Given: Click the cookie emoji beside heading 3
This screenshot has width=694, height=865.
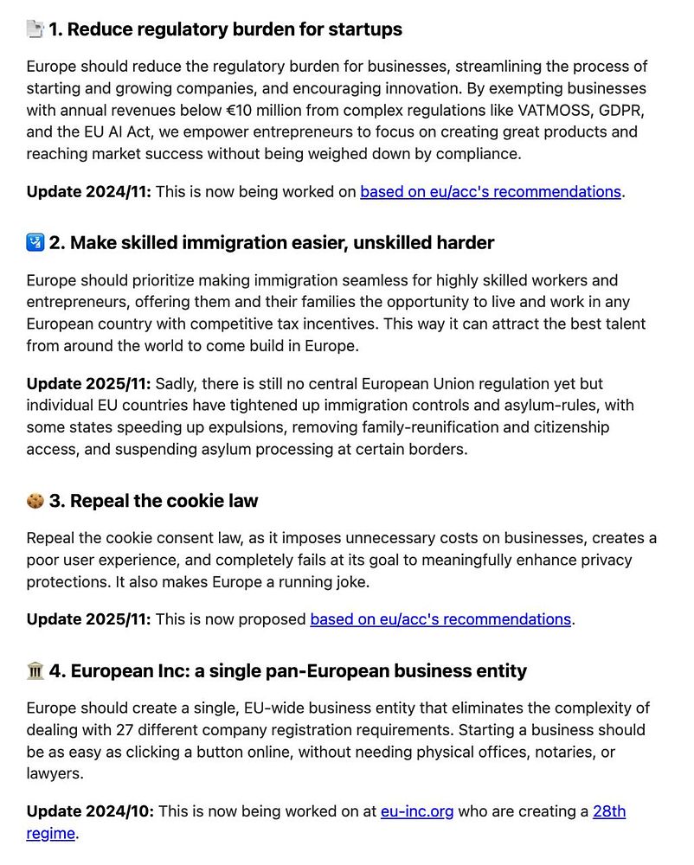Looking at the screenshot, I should [x=35, y=501].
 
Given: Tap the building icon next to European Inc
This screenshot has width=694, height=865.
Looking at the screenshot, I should [x=35, y=671].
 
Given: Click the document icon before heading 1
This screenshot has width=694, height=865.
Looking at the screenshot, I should [x=35, y=29].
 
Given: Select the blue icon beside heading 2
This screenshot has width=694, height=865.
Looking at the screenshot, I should [x=35, y=243].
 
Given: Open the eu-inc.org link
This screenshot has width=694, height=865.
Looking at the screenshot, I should [x=417, y=811].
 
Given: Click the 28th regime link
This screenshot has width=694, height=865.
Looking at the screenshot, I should [x=608, y=811].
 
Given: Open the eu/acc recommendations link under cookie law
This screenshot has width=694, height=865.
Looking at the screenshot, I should [x=441, y=619].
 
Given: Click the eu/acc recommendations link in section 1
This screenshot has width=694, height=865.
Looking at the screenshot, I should [x=491, y=191].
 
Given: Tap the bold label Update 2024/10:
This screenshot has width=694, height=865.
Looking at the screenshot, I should [x=89, y=811].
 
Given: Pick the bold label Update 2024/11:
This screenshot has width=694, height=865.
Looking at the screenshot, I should [x=89, y=191].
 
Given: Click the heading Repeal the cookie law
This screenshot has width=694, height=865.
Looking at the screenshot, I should [x=164, y=501].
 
